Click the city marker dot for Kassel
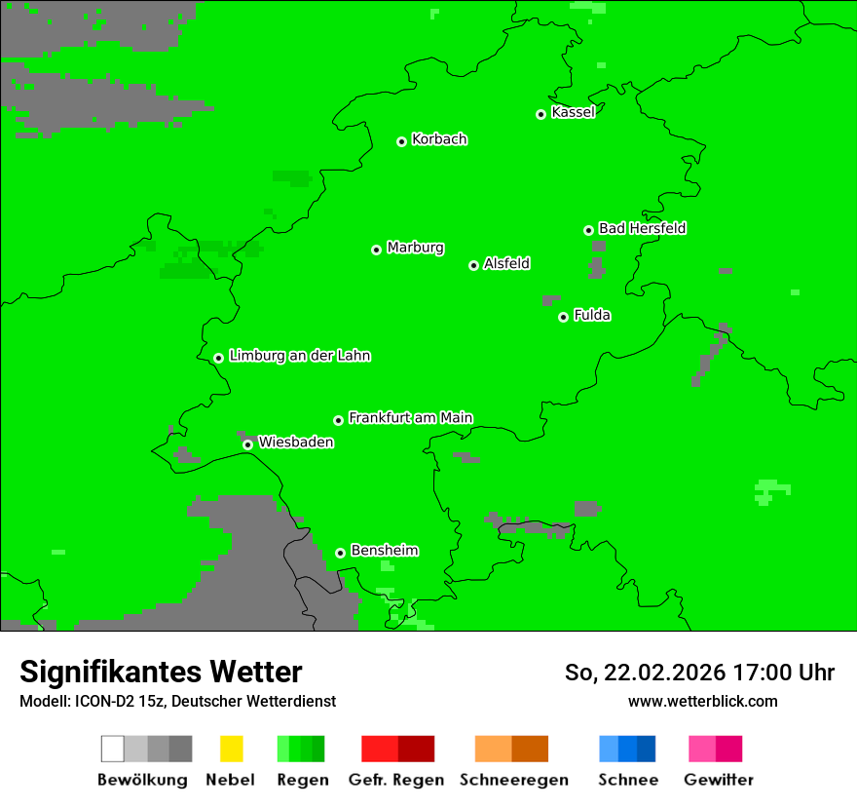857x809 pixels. [x=540, y=114]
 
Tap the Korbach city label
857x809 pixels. [x=439, y=139]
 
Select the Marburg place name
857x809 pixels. [x=415, y=248]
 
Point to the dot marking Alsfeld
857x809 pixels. [x=473, y=265]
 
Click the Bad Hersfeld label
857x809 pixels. [x=642, y=228]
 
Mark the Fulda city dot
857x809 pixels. [x=563, y=317]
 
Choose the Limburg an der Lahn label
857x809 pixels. [x=299, y=356]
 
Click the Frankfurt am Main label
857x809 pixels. [x=410, y=418]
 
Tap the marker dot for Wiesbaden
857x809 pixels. [x=247, y=444]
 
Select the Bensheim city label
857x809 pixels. [x=384, y=551]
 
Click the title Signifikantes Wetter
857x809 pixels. [x=161, y=672]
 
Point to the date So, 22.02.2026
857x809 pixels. [x=645, y=673]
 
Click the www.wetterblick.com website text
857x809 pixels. [x=702, y=701]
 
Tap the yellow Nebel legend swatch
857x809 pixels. [x=231, y=749]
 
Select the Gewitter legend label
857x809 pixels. [x=718, y=780]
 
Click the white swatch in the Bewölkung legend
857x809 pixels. [x=112, y=749]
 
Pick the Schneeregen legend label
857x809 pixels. [x=513, y=780]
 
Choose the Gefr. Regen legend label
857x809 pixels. [x=395, y=780]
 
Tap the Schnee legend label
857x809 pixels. [x=627, y=780]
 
